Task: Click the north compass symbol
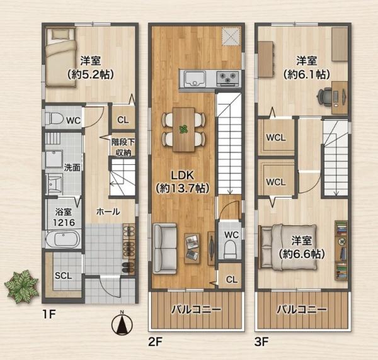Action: click(x=122, y=324)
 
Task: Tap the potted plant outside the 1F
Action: click(x=21, y=286)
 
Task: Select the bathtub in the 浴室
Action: click(x=64, y=239)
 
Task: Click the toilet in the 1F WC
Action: click(x=54, y=119)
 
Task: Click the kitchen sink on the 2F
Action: click(x=195, y=79)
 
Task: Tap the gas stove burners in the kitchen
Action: click(x=228, y=78)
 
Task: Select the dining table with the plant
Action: click(x=184, y=130)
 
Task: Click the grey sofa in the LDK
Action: click(x=165, y=249)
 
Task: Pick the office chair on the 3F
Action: click(x=324, y=97)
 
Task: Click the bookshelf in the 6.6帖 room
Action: click(x=341, y=250)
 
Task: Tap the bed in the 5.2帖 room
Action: click(x=61, y=57)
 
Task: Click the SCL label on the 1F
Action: click(x=63, y=276)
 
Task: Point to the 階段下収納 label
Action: click(x=123, y=147)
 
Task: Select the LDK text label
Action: click(x=182, y=176)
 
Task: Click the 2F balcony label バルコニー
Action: click(x=196, y=310)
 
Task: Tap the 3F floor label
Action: click(x=262, y=341)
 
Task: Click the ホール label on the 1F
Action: click(x=108, y=211)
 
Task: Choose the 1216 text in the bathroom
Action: click(x=64, y=223)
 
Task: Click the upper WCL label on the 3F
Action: click(x=276, y=138)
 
